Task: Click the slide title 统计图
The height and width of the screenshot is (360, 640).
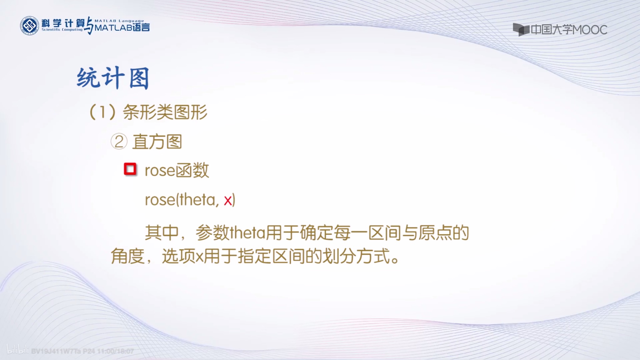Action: click(x=113, y=78)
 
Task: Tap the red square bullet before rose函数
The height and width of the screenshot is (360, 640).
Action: click(x=130, y=169)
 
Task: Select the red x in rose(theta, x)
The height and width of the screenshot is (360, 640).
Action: click(x=228, y=200)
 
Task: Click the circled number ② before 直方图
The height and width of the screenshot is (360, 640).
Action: click(x=119, y=142)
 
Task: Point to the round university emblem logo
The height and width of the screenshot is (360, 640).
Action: click(x=29, y=26)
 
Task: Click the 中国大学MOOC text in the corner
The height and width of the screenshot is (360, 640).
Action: click(x=569, y=30)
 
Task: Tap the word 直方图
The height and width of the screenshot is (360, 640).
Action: click(x=157, y=142)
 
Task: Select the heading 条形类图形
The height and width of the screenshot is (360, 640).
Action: click(x=165, y=112)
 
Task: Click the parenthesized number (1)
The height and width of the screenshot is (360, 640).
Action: click(x=102, y=112)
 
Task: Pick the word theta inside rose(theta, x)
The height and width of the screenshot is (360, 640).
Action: click(x=198, y=200)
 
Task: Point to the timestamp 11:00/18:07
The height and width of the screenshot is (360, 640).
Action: click(x=116, y=351)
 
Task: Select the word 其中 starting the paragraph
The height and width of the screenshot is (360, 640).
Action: click(x=162, y=233)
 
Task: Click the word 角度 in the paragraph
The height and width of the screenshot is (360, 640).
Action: click(x=127, y=257)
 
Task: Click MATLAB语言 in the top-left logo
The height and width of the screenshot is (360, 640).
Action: click(x=122, y=28)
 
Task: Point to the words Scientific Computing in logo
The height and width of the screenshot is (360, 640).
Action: click(x=62, y=30)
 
